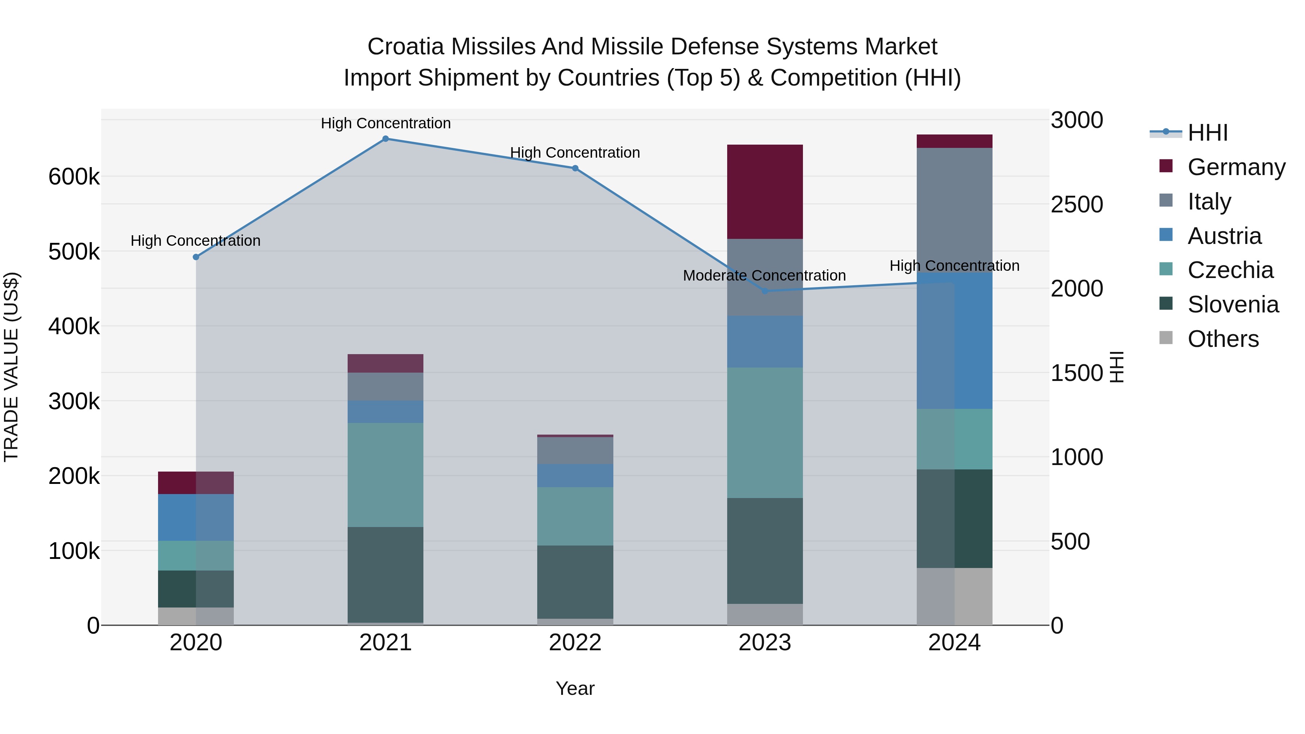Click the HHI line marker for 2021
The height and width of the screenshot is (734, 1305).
(x=386, y=139)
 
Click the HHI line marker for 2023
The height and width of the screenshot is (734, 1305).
(x=765, y=291)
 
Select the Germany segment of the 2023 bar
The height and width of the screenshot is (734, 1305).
(x=765, y=192)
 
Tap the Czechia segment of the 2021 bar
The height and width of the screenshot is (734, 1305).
(x=386, y=475)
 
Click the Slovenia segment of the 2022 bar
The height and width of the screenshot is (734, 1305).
(x=575, y=582)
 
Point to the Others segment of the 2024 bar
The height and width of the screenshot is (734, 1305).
(x=954, y=596)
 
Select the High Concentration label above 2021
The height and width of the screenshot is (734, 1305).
(x=386, y=123)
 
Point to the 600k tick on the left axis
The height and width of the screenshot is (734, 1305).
(x=74, y=177)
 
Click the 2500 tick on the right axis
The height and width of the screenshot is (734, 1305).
(x=1077, y=205)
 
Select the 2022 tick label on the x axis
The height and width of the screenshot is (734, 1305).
(x=575, y=643)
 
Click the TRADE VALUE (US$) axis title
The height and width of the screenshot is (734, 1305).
(x=11, y=367)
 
